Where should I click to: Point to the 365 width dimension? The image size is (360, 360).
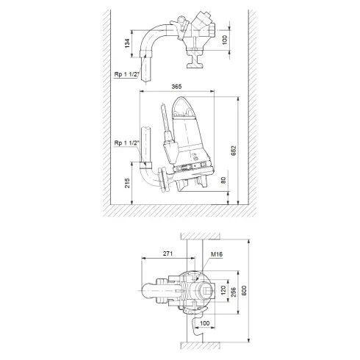pyautogui.click(x=176, y=87)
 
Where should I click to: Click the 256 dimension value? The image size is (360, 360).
pyautogui.click(x=234, y=292)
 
